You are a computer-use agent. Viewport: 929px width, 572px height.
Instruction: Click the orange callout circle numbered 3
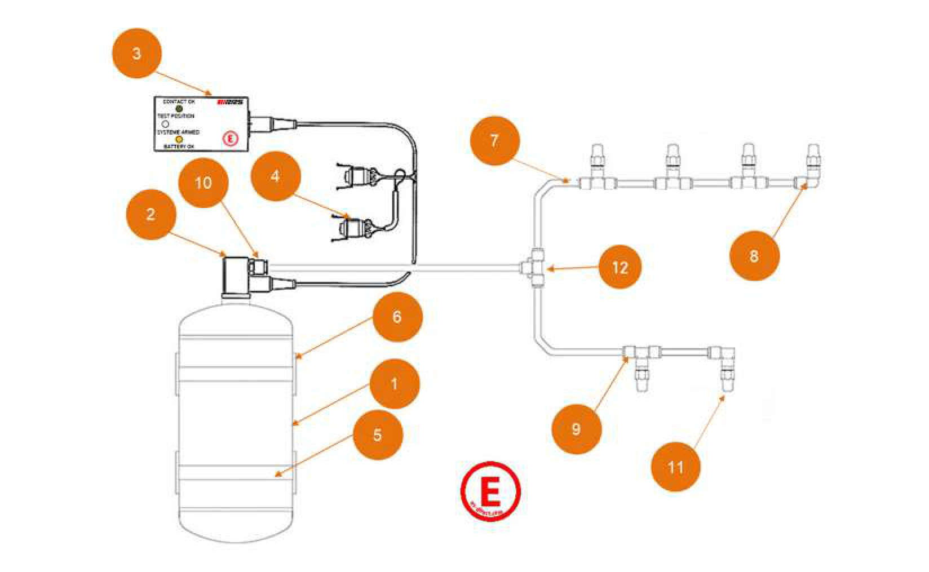(x=137, y=54)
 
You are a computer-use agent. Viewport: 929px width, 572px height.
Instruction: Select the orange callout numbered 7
(x=494, y=141)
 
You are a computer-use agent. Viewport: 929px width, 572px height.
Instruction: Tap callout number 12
(x=620, y=267)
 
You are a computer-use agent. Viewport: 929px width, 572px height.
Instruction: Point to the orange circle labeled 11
(x=675, y=467)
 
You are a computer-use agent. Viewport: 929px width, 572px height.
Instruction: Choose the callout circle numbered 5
(x=378, y=435)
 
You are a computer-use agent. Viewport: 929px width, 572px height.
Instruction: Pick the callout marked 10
(x=203, y=183)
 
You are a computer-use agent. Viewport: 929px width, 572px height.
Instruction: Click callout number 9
(x=576, y=429)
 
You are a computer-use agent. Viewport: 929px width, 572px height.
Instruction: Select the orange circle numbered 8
(x=754, y=256)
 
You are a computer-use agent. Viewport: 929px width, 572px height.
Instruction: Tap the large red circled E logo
(x=490, y=491)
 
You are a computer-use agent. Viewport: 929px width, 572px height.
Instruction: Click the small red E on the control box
(x=231, y=139)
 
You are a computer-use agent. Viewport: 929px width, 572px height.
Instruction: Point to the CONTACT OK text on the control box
(x=179, y=102)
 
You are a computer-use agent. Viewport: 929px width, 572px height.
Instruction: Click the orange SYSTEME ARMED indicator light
(x=179, y=139)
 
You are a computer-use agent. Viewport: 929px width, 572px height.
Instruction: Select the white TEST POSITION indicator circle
(x=165, y=124)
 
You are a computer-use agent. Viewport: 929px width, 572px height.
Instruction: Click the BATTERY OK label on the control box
(x=179, y=147)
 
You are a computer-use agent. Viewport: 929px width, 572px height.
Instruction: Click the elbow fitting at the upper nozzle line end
(x=808, y=182)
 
